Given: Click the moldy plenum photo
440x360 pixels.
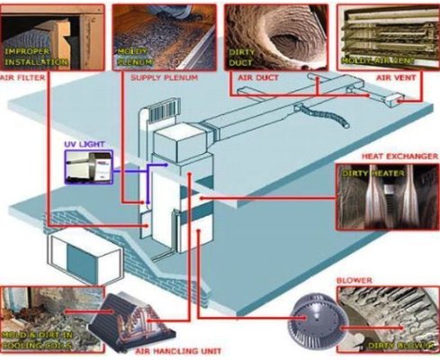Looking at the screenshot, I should click(x=162, y=35).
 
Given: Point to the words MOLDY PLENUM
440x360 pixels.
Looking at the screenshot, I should click(x=133, y=58).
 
